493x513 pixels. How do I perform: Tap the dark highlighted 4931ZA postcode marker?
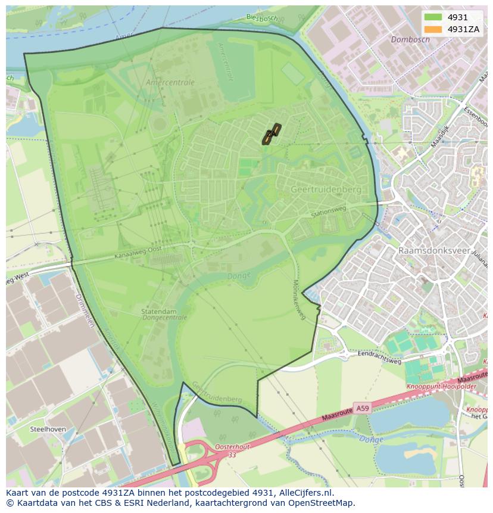(272, 134)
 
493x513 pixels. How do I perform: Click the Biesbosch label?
(262, 17)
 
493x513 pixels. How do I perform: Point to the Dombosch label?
(410, 39)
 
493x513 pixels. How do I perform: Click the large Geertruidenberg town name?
(326, 189)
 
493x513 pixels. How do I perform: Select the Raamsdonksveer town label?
(434, 251)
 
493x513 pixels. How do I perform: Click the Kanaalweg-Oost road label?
(138, 254)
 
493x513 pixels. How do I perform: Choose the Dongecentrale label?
(164, 318)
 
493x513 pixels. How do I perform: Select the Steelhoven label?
(48, 428)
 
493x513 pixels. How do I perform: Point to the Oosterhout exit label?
(214, 446)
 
